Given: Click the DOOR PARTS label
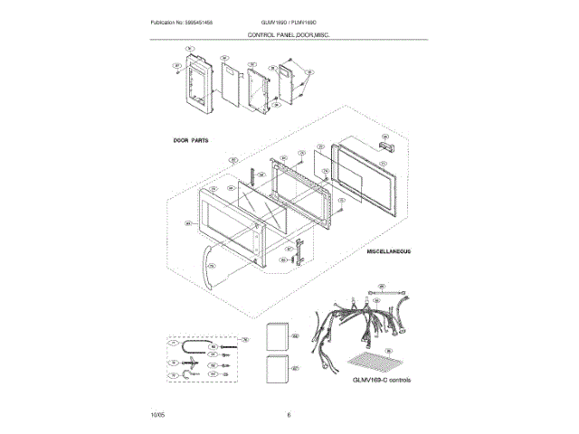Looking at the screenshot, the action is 193,141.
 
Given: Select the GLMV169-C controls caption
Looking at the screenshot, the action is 382,381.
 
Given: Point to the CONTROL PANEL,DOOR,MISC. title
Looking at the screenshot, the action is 289,34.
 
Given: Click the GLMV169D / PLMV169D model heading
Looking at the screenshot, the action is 288,21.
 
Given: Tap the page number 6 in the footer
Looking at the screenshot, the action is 289,414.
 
